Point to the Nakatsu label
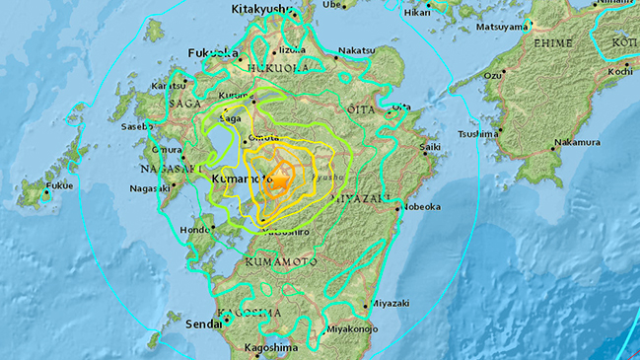(x=355, y=50)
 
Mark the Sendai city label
(x=202, y=323)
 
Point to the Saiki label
(x=428, y=147)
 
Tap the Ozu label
(x=492, y=75)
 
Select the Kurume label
(x=234, y=96)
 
